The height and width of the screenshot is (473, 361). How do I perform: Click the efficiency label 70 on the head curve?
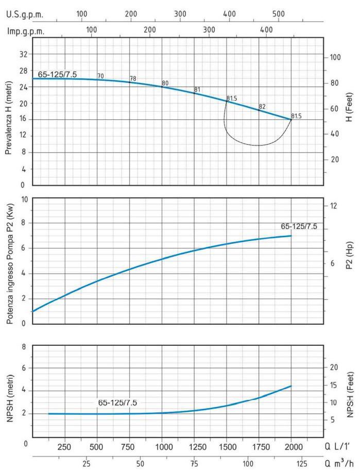pos(100,76)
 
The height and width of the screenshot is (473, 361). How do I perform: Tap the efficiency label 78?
pos(133,79)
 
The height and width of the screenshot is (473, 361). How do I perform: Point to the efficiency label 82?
pos(262,107)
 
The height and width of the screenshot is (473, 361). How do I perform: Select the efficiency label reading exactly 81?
pos(197,90)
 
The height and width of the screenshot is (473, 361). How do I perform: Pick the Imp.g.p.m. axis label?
pos(26,31)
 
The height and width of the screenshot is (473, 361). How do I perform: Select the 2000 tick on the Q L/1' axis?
pos(291,446)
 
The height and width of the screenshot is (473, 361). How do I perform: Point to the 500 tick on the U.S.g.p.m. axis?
pos(278,14)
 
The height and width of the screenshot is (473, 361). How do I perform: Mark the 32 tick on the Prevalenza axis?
pos(23,54)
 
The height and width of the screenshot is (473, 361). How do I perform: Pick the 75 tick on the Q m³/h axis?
pos(194,463)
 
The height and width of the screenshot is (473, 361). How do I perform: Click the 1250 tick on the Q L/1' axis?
pos(195,446)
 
